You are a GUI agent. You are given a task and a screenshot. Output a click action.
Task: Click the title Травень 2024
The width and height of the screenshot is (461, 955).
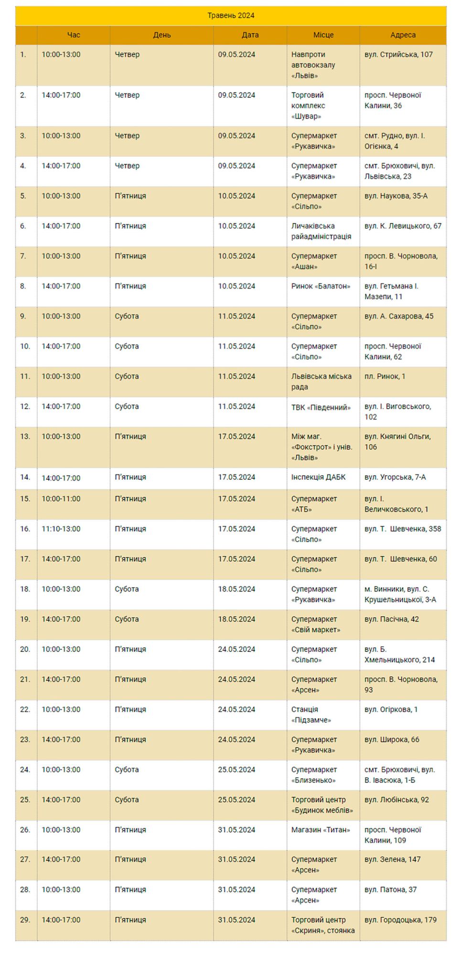coord(231,16)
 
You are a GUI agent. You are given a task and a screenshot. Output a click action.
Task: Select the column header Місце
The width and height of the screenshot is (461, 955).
coord(323,35)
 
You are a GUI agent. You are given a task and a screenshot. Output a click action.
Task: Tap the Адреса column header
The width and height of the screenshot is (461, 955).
coord(403,35)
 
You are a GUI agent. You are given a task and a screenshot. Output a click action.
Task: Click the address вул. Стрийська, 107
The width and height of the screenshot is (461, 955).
coord(398,55)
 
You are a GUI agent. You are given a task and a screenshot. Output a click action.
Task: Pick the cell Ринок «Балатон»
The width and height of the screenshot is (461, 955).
coord(321,286)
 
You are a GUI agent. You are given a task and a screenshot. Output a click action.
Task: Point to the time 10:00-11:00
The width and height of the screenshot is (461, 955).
coord(61,499)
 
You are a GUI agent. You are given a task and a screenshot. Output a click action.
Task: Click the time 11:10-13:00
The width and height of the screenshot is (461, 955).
coord(61,529)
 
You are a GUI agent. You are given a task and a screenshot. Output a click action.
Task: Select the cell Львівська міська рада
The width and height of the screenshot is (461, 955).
coord(321,382)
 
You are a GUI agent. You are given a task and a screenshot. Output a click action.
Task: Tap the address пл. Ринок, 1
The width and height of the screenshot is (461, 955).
coord(385,377)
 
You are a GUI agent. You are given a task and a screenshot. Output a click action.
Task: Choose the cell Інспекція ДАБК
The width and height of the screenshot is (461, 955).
coord(318,477)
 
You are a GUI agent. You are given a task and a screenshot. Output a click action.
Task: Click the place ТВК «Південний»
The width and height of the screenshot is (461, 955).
coord(321,407)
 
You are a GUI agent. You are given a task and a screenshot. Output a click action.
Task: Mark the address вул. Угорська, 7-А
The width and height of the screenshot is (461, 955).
coord(395,477)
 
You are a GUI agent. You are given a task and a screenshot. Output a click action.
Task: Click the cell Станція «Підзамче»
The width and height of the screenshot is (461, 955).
coord(311,715)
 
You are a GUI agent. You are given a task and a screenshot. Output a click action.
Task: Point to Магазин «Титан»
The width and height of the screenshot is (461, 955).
coord(321,830)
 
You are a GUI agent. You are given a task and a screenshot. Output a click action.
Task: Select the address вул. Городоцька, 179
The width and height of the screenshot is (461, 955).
coord(400,920)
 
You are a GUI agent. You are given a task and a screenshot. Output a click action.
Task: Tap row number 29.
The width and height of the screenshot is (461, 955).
coord(25,920)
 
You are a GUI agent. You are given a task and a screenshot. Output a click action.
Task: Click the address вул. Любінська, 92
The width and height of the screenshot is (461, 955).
coord(397,800)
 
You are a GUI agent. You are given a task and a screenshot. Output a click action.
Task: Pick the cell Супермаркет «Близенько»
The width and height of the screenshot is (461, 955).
coord(314,775)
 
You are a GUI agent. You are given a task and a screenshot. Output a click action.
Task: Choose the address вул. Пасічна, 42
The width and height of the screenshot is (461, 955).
coord(392,619)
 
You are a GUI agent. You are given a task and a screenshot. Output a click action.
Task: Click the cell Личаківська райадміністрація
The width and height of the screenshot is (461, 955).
coord(321,232)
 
